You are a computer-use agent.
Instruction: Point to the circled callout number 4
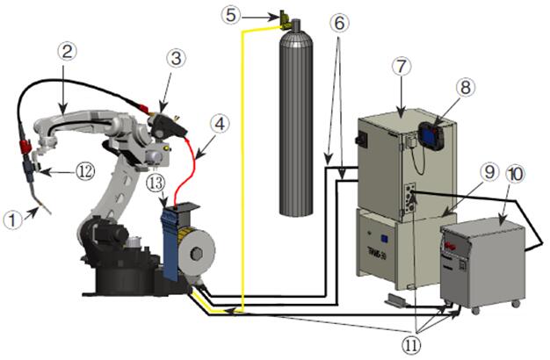pyautogui.click(x=221, y=125)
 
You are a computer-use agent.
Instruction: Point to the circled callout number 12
pyautogui.click(x=85, y=171)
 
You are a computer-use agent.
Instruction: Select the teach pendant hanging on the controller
pyautogui.click(x=431, y=135)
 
